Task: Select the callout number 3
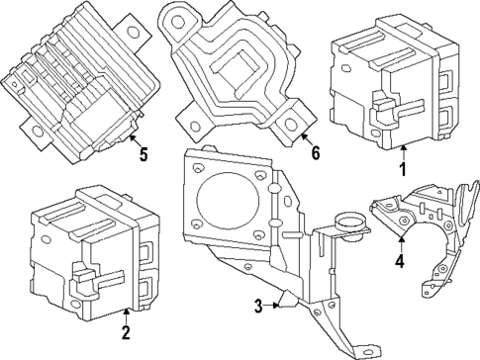coord(257,308)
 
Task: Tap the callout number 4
coord(400,262)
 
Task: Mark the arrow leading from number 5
coord(133,141)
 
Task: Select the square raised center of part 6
coord(234,68)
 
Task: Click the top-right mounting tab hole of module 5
coord(128,22)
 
